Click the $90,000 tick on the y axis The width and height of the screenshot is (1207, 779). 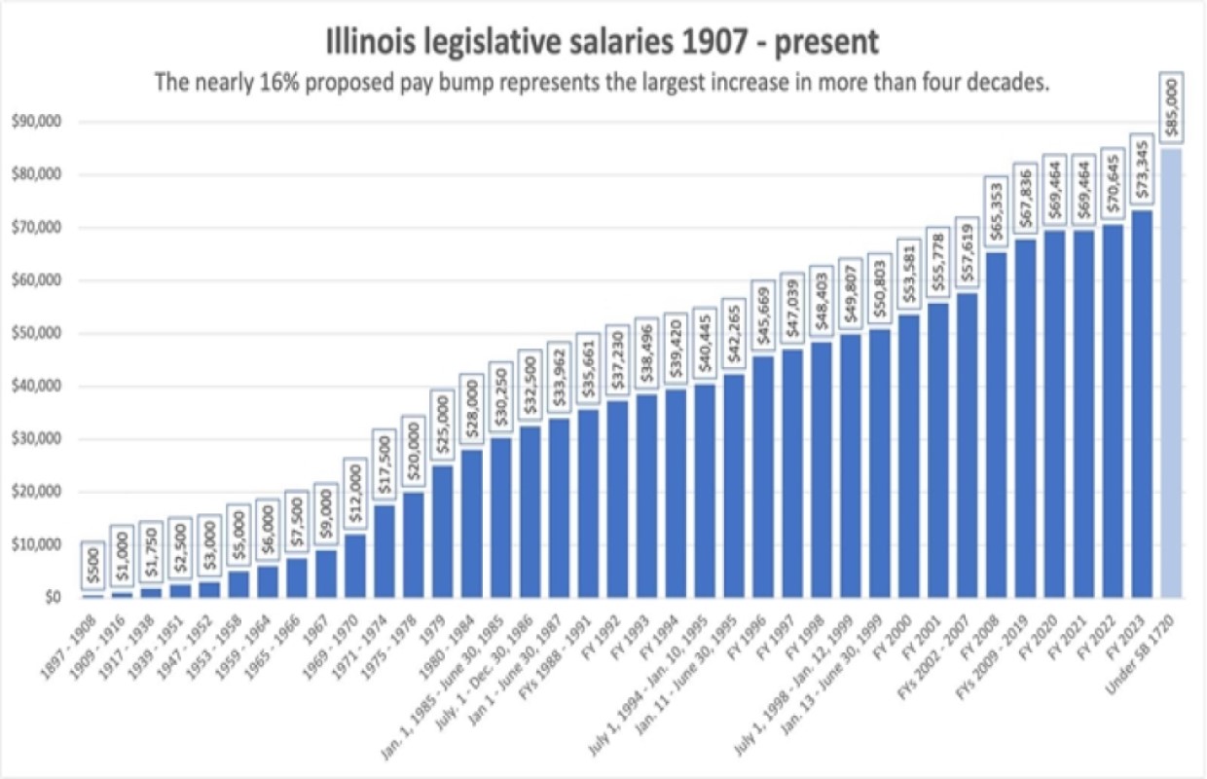[x=34, y=122]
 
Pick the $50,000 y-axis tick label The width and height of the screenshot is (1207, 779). [x=34, y=333]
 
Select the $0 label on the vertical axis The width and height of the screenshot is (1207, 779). [x=46, y=597]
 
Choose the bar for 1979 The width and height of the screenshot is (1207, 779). [x=443, y=531]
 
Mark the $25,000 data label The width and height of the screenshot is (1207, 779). [x=443, y=424]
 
